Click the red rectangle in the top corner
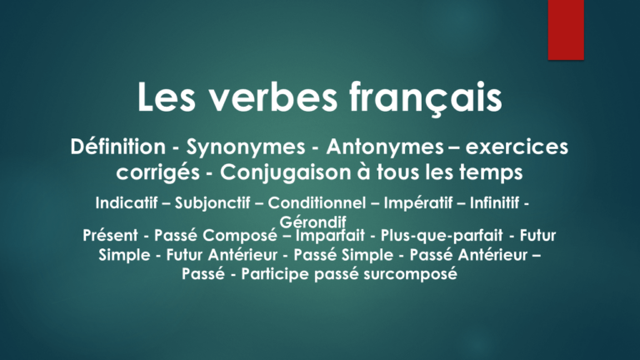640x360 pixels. coord(566,30)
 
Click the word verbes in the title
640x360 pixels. coord(273,97)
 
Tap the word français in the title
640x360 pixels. coord(426,99)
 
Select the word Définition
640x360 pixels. coord(118,147)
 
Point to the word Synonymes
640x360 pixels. coord(246,147)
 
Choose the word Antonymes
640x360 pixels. coord(385,147)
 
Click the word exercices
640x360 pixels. coord(517,147)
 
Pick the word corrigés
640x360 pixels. coord(158,173)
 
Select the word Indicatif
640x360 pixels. coord(127,202)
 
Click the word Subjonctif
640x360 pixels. coord(212,203)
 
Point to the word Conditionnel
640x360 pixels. coord(317,202)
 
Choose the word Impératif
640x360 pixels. coord(418,203)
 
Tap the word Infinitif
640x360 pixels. coord(494,202)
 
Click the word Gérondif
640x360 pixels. coord(312,222)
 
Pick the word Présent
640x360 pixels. coord(110,236)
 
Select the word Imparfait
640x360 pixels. coord(330,236)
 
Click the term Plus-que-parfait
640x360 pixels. coord(442,236)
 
